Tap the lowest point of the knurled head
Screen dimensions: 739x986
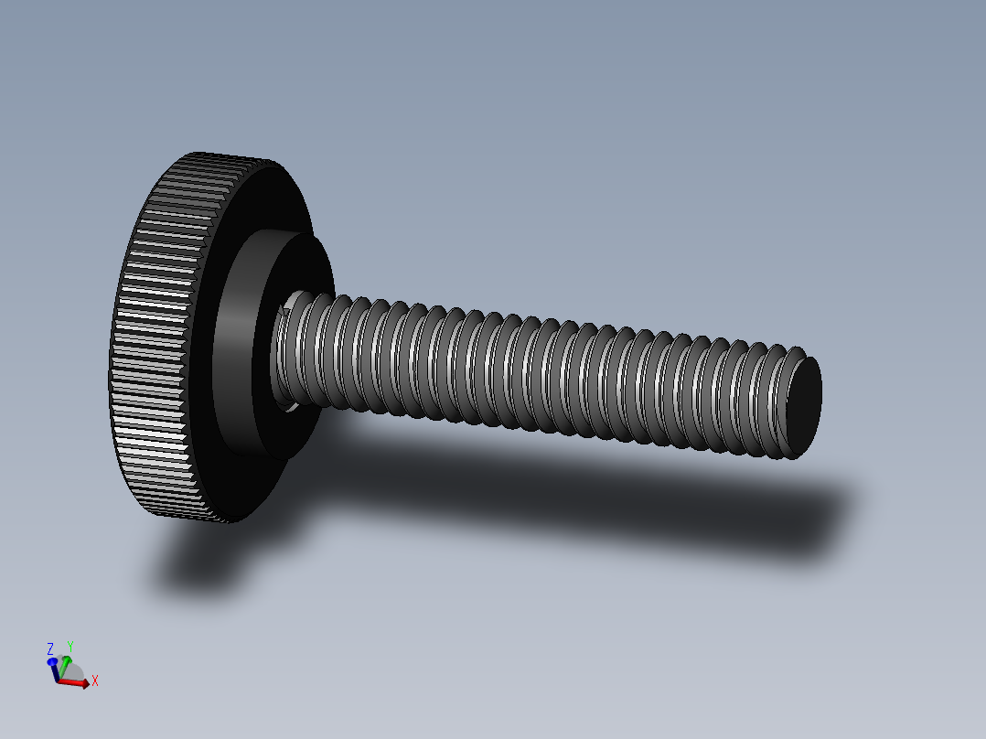[x=224, y=521]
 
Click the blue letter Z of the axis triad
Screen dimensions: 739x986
[x=50, y=648]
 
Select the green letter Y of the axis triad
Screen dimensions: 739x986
[x=70, y=646]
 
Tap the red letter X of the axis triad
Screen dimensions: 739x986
[x=94, y=680]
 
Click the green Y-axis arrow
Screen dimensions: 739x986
[x=64, y=666]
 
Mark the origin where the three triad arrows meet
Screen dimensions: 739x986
[x=58, y=680]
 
